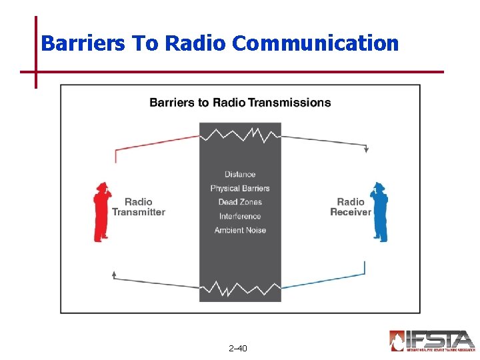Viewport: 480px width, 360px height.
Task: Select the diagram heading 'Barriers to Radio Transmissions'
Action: (240, 102)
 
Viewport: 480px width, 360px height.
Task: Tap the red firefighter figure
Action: (103, 212)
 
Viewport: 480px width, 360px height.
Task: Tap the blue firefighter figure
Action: (379, 212)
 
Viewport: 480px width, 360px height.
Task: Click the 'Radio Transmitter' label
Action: (138, 207)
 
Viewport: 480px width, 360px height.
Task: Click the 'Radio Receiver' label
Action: (350, 207)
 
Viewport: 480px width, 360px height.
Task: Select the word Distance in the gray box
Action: (240, 175)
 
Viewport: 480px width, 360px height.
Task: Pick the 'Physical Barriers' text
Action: (240, 189)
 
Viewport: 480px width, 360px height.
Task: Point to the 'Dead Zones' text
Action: (240, 202)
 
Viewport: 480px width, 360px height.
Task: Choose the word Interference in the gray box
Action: (240, 216)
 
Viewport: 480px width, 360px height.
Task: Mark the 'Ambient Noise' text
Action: (240, 230)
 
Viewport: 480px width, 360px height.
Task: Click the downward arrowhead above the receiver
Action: (366, 150)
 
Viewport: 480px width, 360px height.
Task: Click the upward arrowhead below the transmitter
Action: (115, 273)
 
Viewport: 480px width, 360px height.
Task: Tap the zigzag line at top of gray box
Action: (240, 135)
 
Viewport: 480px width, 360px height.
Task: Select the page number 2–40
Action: (237, 348)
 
